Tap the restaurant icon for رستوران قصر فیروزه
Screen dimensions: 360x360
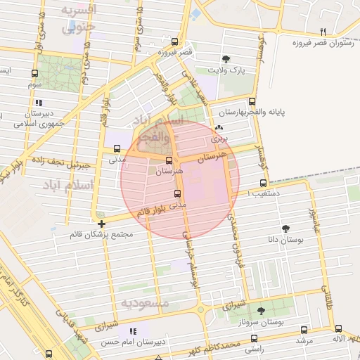[323, 32]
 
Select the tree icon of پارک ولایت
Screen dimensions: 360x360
[225, 60]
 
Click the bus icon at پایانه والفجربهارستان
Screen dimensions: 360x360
[252, 101]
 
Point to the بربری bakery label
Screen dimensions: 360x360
[224, 139]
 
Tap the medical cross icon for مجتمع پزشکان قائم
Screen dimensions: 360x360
[103, 224]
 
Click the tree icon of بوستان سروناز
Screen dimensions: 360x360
[261, 310]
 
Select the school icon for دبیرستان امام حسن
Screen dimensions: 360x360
[133, 331]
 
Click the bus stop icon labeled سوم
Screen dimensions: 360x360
[35, 73]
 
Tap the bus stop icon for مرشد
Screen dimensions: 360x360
[304, 329]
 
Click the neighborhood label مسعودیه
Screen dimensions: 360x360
[146, 303]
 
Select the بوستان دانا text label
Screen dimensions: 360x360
[286, 240]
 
